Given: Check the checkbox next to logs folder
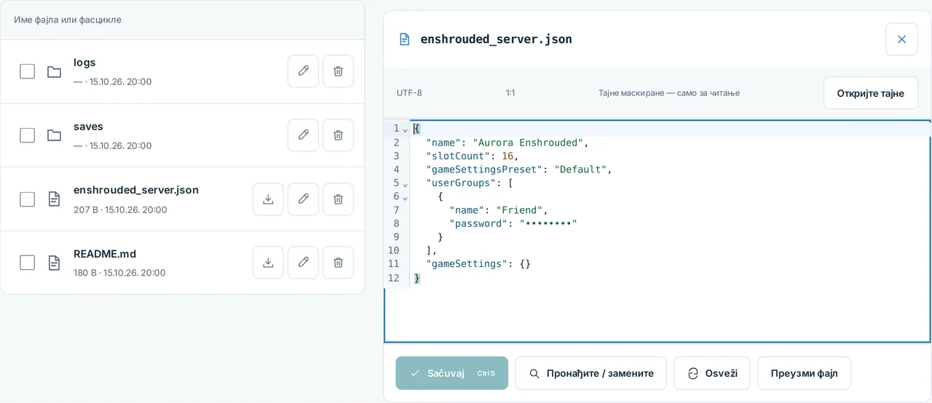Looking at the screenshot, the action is tap(28, 71).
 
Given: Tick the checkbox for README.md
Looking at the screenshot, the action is tap(28, 263).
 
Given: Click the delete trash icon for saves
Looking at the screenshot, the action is tap(339, 135).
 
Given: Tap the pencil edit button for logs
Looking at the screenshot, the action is tap(304, 71).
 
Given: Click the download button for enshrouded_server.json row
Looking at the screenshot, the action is tap(269, 199).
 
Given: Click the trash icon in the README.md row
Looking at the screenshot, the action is tap(339, 263).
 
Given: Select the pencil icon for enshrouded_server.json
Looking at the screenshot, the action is tap(304, 199).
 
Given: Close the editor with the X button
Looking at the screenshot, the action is tap(901, 39).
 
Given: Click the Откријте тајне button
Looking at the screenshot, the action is tap(870, 93).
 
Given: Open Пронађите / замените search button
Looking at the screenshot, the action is tap(591, 373).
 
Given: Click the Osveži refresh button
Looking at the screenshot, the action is tap(712, 373).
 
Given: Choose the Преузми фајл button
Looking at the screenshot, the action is tap(804, 373).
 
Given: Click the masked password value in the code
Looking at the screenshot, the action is tap(548, 223).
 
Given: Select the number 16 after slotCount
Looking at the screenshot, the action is tap(508, 156).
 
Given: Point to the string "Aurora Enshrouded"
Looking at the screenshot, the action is tap(528, 143).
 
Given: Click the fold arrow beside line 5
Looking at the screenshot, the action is tap(405, 185).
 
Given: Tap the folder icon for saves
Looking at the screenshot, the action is tap(54, 135).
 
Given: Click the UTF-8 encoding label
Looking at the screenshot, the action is tap(409, 93).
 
